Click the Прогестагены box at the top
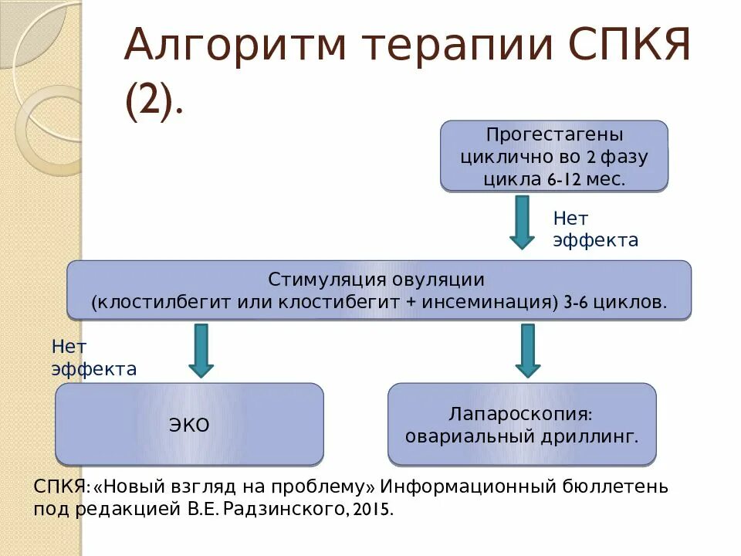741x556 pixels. pyautogui.click(x=553, y=156)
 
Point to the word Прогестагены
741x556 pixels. pyautogui.click(x=554, y=135)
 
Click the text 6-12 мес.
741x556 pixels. pyautogui.click(x=587, y=179)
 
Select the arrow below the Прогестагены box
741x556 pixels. pyautogui.click(x=522, y=222)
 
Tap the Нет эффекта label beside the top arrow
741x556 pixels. pyautogui.click(x=595, y=229)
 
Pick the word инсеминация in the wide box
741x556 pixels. pyautogui.click(x=488, y=302)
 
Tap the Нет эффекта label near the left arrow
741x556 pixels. pyautogui.click(x=93, y=358)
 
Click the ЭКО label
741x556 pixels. pyautogui.click(x=189, y=425)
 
